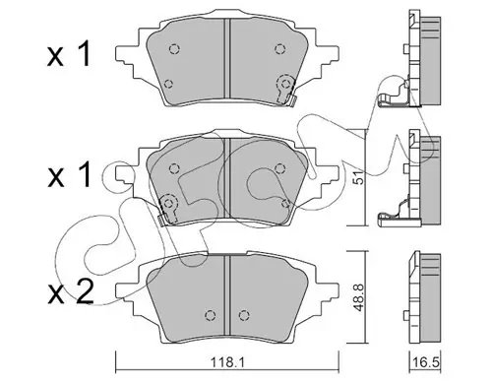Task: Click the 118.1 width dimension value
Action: coord(226,362)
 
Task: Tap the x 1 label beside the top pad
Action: coord(69,55)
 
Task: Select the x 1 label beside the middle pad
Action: coord(69,175)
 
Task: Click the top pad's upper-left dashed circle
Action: coord(174,49)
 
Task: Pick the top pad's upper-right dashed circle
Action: coord(279,49)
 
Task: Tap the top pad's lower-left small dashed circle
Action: coord(168,84)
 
